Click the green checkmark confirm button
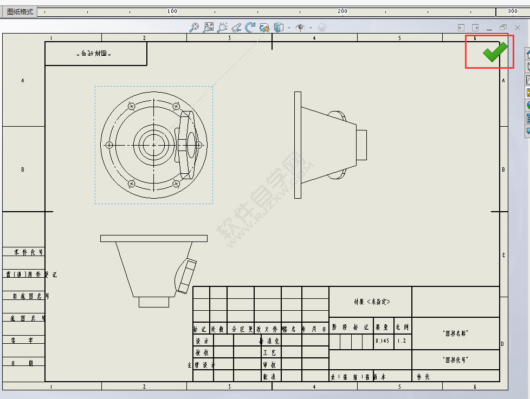(495, 52)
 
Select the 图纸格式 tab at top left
(20, 11)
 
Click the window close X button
(518, 28)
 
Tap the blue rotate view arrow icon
(250, 28)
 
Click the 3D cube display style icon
(279, 28)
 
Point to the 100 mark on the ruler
(172, 11)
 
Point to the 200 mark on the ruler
(342, 11)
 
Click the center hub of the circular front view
(154, 145)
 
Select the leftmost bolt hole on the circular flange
(109, 145)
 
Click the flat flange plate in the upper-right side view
(298, 145)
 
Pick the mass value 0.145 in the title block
(382, 342)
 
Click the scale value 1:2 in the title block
(402, 342)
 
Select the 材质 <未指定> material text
(371, 302)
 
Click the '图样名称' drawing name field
(455, 333)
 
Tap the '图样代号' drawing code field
(455, 359)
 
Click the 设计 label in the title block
(202, 342)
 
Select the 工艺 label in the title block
(269, 353)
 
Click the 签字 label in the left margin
(23, 340)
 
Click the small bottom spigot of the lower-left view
(154, 302)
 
